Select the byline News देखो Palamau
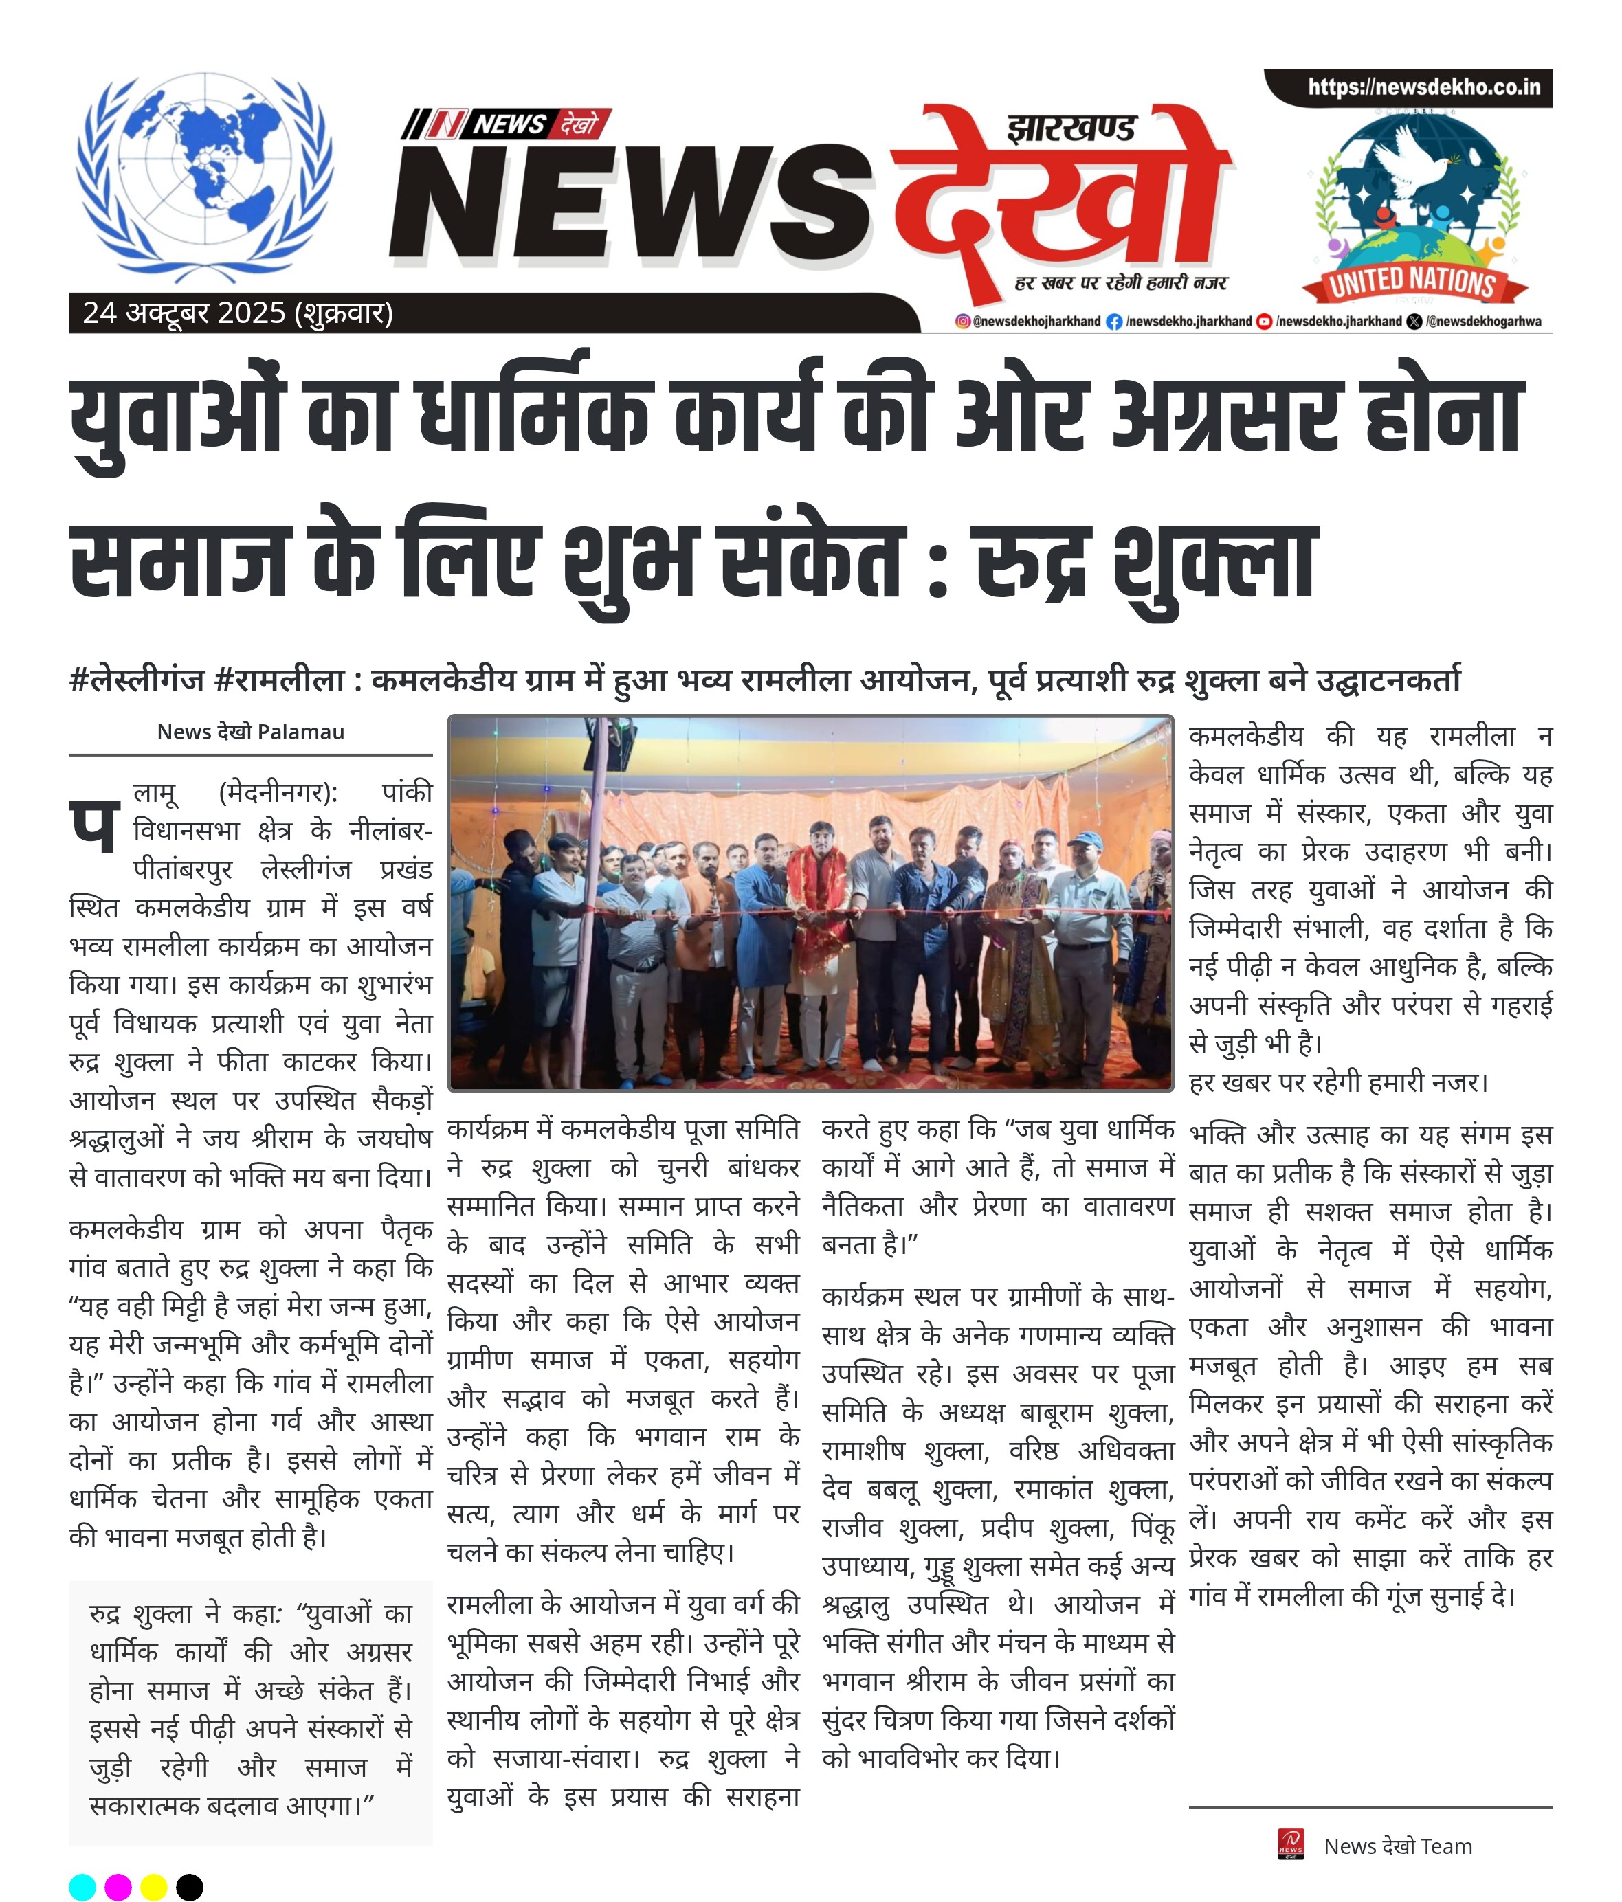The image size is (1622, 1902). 251,732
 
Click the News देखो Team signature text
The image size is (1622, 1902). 1397,1846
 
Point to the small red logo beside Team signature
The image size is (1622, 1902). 1290,1844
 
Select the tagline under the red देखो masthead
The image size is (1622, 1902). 1121,282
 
